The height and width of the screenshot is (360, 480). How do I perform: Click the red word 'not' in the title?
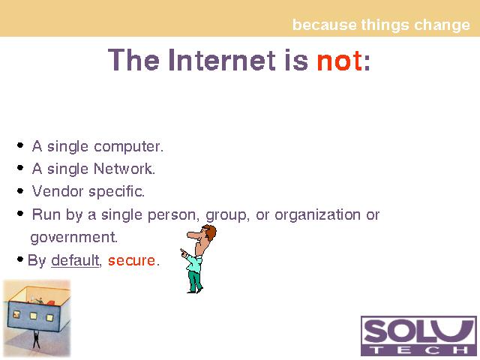(x=340, y=60)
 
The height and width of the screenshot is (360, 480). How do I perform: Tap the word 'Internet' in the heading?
(x=223, y=60)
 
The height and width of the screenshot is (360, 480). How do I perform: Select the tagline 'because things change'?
(x=381, y=25)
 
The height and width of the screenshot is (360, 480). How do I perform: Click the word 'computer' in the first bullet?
(x=128, y=147)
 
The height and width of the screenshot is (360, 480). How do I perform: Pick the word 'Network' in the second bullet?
(x=124, y=169)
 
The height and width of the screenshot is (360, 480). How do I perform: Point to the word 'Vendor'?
(x=58, y=191)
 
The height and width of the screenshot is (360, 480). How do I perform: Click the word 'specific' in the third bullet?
(x=116, y=192)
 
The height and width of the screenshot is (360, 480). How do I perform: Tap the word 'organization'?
(x=317, y=215)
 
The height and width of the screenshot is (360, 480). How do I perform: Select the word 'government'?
(x=73, y=238)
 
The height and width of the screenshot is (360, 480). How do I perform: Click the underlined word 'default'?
(x=75, y=260)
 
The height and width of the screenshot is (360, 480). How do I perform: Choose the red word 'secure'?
(x=131, y=261)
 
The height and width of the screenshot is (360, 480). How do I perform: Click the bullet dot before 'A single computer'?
(x=20, y=145)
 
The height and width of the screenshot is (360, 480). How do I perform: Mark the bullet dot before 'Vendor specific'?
(x=20, y=190)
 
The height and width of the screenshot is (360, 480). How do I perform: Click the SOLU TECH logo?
(x=418, y=336)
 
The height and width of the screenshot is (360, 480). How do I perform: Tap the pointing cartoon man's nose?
(x=193, y=235)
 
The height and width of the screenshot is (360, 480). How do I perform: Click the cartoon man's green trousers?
(x=195, y=280)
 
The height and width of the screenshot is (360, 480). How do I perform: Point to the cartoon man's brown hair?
(x=211, y=232)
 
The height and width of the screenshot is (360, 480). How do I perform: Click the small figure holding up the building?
(x=36, y=339)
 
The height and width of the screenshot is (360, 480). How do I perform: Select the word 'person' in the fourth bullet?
(x=172, y=215)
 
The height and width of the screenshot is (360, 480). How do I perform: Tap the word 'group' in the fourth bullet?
(x=226, y=215)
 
